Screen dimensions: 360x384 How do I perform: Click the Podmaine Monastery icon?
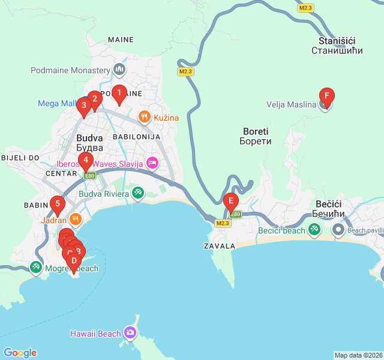point(119,70)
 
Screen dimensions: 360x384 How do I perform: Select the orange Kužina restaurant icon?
point(144,117)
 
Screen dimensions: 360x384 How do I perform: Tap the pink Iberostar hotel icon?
point(152,163)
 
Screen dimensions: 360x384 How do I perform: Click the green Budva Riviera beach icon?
point(138,193)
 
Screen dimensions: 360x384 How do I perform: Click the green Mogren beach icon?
point(36,268)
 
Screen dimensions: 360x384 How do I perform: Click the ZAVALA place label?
point(219,246)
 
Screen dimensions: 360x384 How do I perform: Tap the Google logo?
point(20,353)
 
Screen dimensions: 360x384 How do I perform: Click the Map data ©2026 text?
point(358,355)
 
